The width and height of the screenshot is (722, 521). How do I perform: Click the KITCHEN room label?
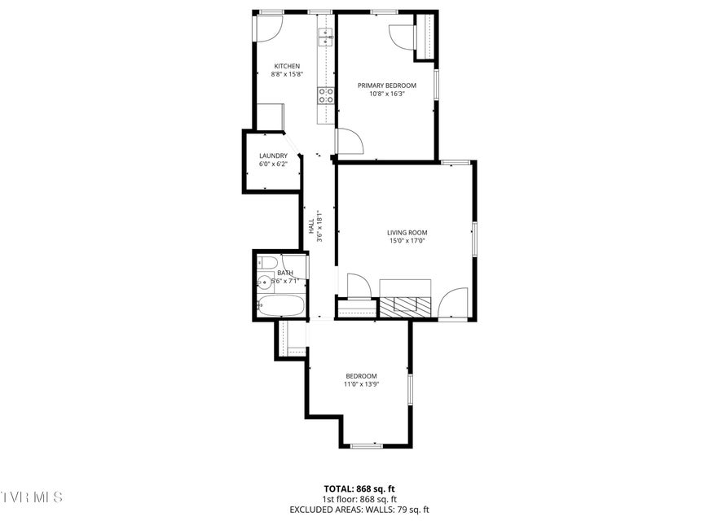pos(287,66)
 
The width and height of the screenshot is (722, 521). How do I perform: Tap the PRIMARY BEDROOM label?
pos(387,85)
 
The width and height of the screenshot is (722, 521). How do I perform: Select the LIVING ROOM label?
pos(407,233)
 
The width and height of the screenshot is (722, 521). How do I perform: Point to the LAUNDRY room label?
pos(273,155)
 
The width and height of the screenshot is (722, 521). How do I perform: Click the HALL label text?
pos(312,225)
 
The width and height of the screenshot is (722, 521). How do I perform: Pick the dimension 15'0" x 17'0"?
pos(407,240)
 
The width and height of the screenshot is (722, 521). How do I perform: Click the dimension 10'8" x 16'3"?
pos(387,94)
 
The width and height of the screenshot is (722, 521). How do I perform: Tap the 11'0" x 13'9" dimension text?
pos(362,384)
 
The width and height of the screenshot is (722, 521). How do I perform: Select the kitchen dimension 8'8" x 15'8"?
pos(287,74)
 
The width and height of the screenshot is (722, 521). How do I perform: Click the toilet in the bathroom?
pos(266,263)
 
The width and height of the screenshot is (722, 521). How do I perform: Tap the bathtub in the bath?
pos(280,306)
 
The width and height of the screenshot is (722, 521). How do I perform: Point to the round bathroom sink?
pos(264,282)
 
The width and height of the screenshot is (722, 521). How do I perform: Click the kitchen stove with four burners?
pos(325,95)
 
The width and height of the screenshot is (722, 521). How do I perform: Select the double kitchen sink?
pos(325,37)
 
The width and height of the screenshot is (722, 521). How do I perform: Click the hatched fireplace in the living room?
pos(405,307)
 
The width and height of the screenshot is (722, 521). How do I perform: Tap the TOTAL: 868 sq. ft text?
pos(359,488)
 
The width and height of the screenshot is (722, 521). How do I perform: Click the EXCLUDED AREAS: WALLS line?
pos(359,510)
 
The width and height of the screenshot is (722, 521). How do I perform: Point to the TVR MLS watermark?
pos(31,497)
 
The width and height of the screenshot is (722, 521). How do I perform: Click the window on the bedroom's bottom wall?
pos(367,445)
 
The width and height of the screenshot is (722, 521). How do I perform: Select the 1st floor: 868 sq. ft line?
pos(359,499)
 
